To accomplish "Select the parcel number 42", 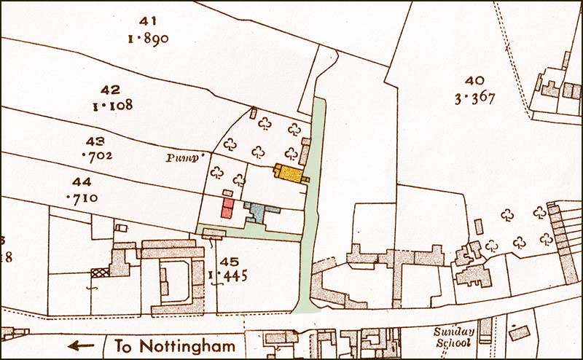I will pyautogui.click(x=111, y=90).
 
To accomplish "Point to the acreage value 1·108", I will pyautogui.click(x=111, y=106).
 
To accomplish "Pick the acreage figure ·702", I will pyautogui.click(x=95, y=156).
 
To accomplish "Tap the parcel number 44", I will pyautogui.click(x=82, y=181).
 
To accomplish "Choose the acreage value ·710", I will pyautogui.click(x=82, y=197).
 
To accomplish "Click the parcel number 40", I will pyautogui.click(x=474, y=81).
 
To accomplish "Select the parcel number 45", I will pyautogui.click(x=229, y=262).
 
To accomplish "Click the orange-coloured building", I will pyautogui.click(x=289, y=173).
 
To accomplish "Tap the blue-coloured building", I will pyautogui.click(x=257, y=213).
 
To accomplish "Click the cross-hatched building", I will pyautogui.click(x=96, y=273).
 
